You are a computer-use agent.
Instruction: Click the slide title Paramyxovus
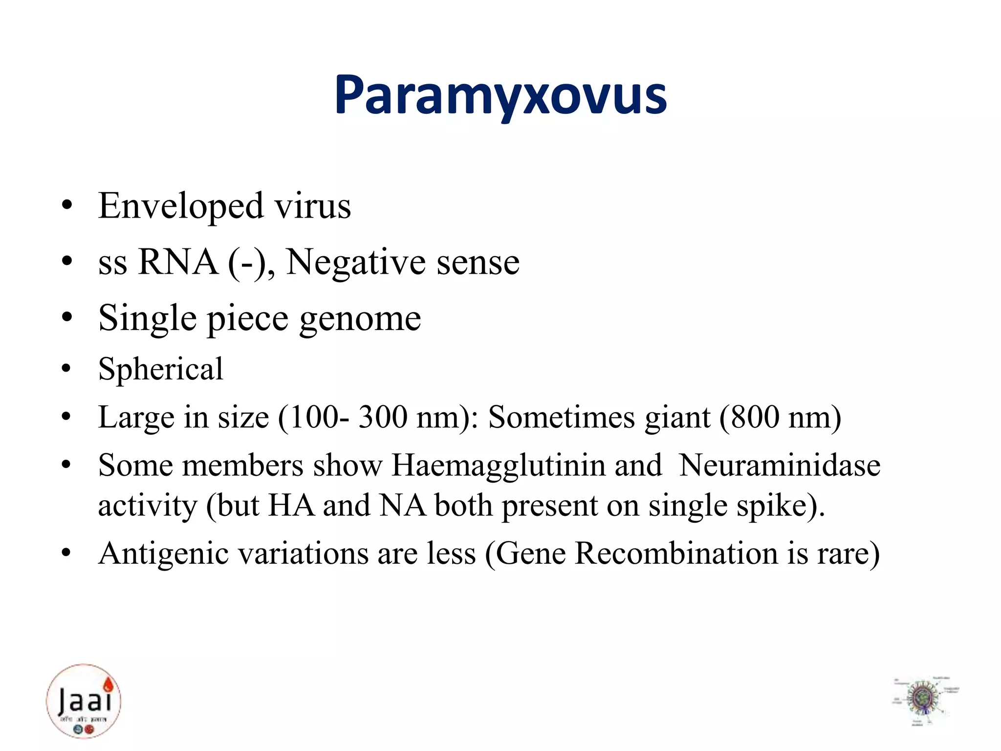[x=500, y=95]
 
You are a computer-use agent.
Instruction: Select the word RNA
[x=178, y=262]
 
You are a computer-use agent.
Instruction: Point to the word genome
[x=360, y=319]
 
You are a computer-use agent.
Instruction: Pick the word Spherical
[x=160, y=369]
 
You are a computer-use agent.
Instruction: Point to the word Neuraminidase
[x=780, y=465]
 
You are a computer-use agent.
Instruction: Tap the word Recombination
[x=676, y=553]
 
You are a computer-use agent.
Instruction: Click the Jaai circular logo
[x=84, y=701]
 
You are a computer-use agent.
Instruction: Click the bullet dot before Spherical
[x=67, y=369]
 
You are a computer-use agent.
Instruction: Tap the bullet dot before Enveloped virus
[x=67, y=206]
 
